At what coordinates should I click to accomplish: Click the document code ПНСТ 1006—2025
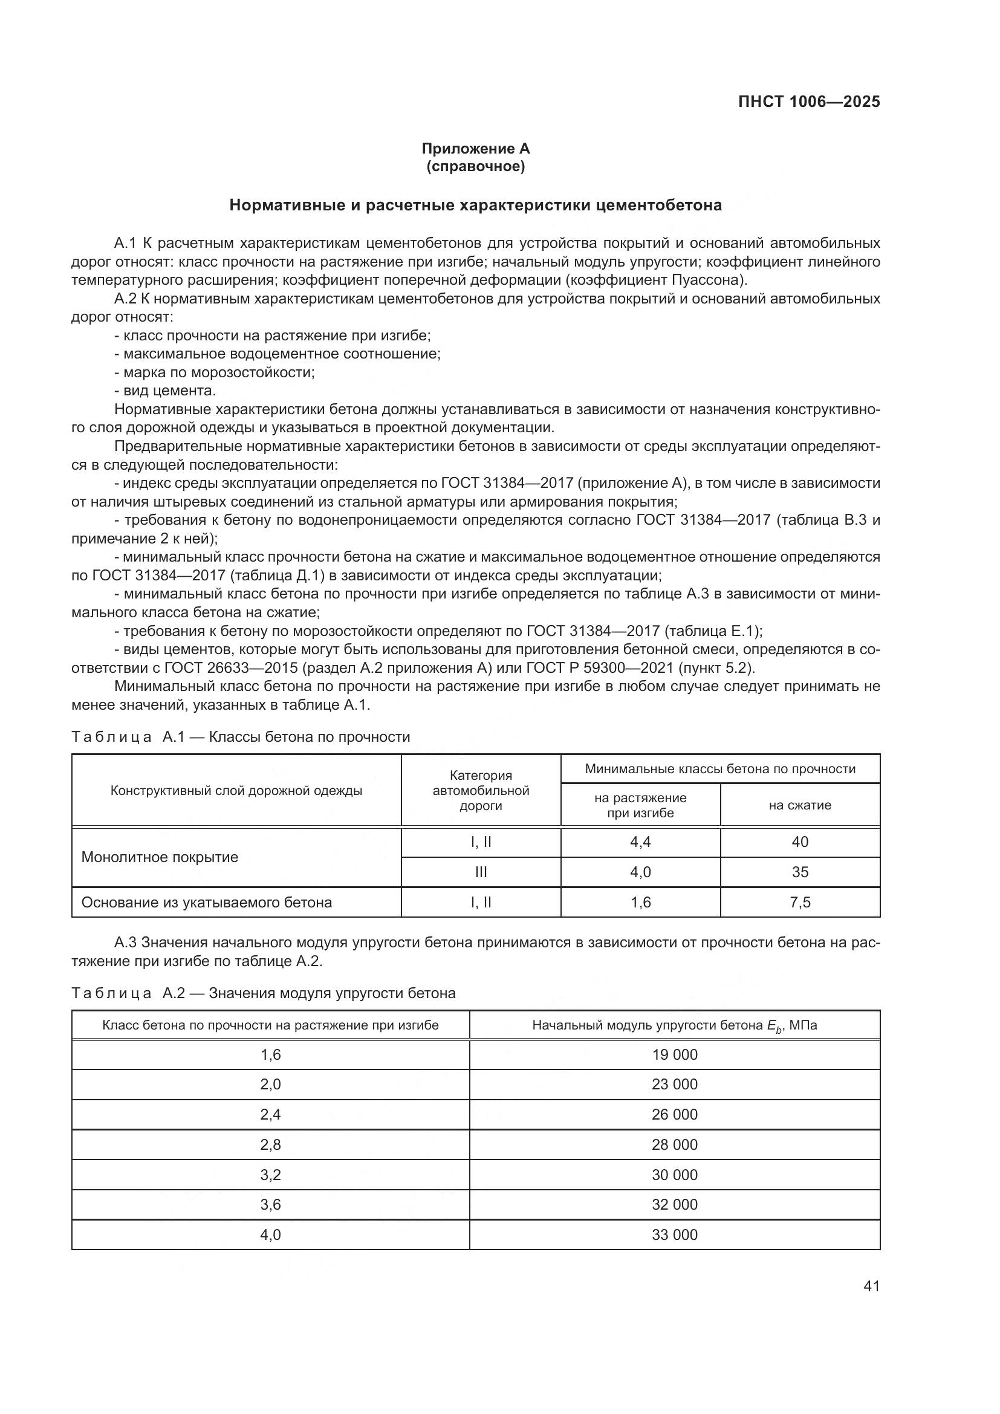click(x=808, y=102)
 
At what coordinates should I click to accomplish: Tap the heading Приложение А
click(x=475, y=149)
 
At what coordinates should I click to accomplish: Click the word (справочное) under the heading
click(x=475, y=166)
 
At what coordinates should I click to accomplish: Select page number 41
click(x=871, y=1286)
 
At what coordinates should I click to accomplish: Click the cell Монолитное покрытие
click(x=160, y=857)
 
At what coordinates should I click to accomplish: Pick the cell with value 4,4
click(x=640, y=842)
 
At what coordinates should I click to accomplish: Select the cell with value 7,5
click(x=799, y=902)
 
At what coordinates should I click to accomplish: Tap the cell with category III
click(x=481, y=872)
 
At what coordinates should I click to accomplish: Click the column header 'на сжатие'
click(x=799, y=805)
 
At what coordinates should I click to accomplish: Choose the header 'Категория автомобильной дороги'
click(x=481, y=790)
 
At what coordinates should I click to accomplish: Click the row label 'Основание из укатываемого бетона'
click(x=206, y=902)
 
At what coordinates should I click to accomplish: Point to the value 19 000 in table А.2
click(x=674, y=1054)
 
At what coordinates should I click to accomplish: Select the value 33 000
click(x=674, y=1235)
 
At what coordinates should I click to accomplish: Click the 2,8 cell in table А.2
click(x=270, y=1145)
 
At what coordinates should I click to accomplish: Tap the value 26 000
click(x=674, y=1115)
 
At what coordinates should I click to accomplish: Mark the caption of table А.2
click(x=264, y=993)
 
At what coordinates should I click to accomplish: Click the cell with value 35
click(x=799, y=872)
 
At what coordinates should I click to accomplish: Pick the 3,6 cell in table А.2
click(x=270, y=1205)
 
